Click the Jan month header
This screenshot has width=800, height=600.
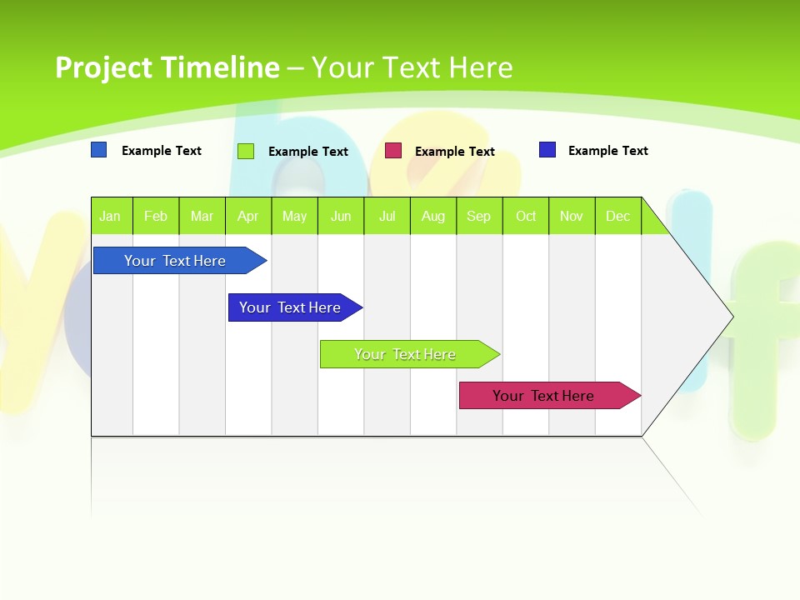coord(110,216)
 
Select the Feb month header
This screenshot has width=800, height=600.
coord(156,216)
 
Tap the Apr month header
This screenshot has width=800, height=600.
coord(248,216)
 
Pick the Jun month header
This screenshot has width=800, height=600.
coord(341,216)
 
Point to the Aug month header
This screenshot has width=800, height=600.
coord(433,216)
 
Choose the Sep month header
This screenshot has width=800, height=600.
coord(479,216)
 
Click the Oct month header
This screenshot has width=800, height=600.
coord(526,216)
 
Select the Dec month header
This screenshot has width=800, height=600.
coord(618,216)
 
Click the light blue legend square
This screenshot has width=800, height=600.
coord(99,150)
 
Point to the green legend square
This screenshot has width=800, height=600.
coord(246,151)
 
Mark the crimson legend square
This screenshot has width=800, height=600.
coord(393,151)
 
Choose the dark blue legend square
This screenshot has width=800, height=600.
coord(547,150)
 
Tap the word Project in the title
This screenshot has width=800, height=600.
coord(104,67)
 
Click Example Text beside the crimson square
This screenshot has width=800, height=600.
coord(455,152)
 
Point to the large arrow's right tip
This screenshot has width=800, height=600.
coord(731,316)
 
